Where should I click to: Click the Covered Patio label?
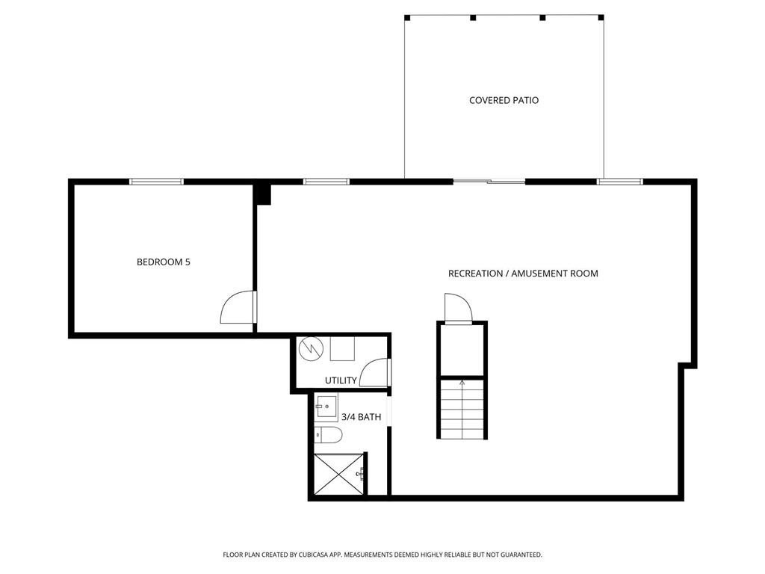click(504, 100)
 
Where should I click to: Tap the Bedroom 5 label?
click(163, 262)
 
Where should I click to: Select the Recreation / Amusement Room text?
click(523, 274)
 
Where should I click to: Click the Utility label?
click(341, 380)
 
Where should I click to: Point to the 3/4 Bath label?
click(362, 417)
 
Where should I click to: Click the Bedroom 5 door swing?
click(238, 307)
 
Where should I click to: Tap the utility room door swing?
click(374, 372)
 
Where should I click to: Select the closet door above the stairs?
click(456, 307)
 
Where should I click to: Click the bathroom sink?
click(327, 408)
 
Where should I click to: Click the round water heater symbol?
click(310, 348)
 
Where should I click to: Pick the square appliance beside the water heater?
click(342, 348)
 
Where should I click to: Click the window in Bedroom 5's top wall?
click(156, 182)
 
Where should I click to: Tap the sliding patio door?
click(489, 182)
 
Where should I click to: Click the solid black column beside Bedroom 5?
click(262, 194)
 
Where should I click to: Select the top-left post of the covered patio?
click(407, 17)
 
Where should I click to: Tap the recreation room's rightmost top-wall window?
click(620, 182)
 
